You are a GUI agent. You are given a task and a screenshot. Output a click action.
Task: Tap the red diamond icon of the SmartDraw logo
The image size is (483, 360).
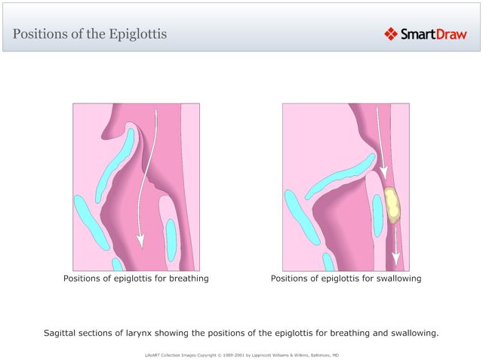(391, 34)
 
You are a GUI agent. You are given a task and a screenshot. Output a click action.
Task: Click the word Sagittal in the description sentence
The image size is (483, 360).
(61, 332)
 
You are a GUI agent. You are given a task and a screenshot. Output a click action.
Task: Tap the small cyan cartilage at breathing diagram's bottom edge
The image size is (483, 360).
(117, 264)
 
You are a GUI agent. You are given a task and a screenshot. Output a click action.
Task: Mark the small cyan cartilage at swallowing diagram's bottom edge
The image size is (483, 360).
(328, 262)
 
